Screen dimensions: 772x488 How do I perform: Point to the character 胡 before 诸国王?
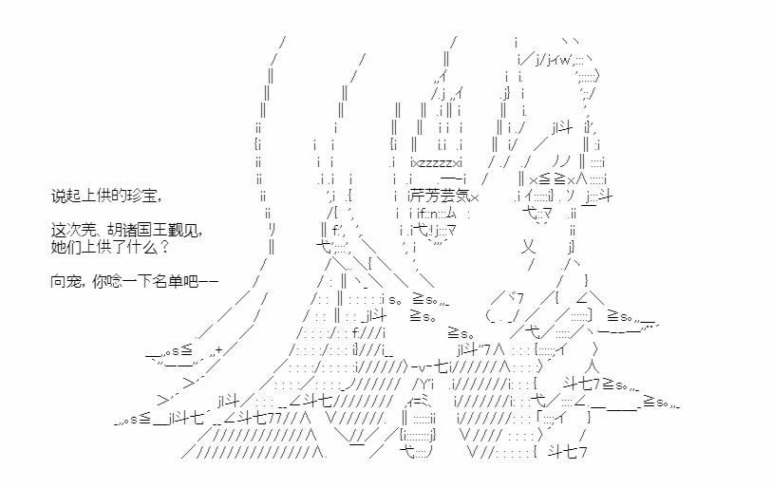(114, 230)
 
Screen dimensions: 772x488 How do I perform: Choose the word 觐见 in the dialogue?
(182, 230)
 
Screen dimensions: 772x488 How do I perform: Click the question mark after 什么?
(164, 246)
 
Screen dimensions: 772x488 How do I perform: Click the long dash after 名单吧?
(208, 282)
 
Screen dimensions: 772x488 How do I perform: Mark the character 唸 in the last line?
(114, 281)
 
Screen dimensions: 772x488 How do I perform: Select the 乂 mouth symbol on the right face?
(528, 247)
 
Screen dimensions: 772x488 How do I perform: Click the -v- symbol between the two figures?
(422, 366)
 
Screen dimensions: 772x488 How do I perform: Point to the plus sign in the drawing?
(219, 350)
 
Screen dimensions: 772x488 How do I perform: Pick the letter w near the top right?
(565, 60)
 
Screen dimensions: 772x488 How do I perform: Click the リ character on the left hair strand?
(273, 230)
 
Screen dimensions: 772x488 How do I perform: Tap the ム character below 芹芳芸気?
(451, 214)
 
